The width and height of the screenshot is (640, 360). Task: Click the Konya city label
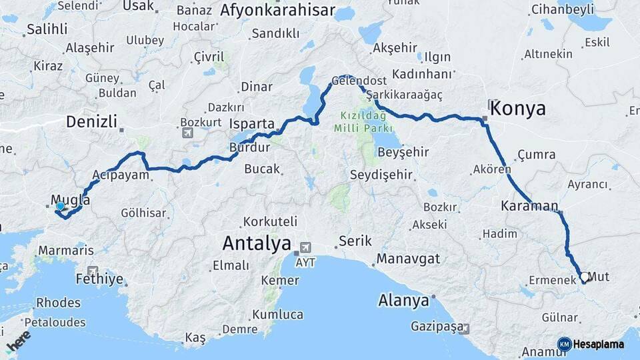(x=519, y=109)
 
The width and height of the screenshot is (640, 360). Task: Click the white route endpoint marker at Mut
(x=585, y=277)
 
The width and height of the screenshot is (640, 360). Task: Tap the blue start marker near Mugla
(x=60, y=207)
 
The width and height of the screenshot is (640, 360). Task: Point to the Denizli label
(x=91, y=122)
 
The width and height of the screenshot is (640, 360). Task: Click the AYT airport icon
(x=306, y=246)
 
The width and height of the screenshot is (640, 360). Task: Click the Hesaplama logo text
(x=598, y=344)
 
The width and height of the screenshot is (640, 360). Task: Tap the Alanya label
(x=403, y=301)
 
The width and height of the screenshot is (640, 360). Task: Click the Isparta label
(x=251, y=124)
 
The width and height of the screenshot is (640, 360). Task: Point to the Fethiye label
(x=100, y=279)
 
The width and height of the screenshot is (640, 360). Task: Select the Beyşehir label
(x=403, y=152)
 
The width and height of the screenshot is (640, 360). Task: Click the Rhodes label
(x=58, y=302)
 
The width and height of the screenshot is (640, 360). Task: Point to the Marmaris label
(x=66, y=251)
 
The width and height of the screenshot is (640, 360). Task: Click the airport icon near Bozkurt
(x=187, y=133)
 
